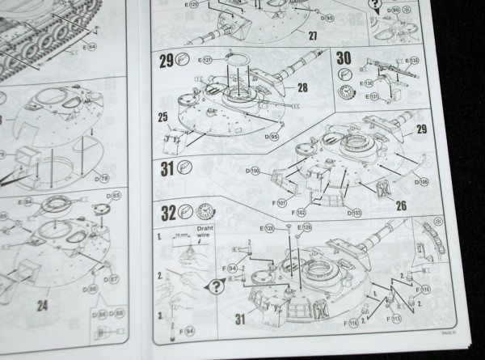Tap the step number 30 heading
343,59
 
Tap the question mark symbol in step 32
217,283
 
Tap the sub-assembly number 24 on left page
41,306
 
